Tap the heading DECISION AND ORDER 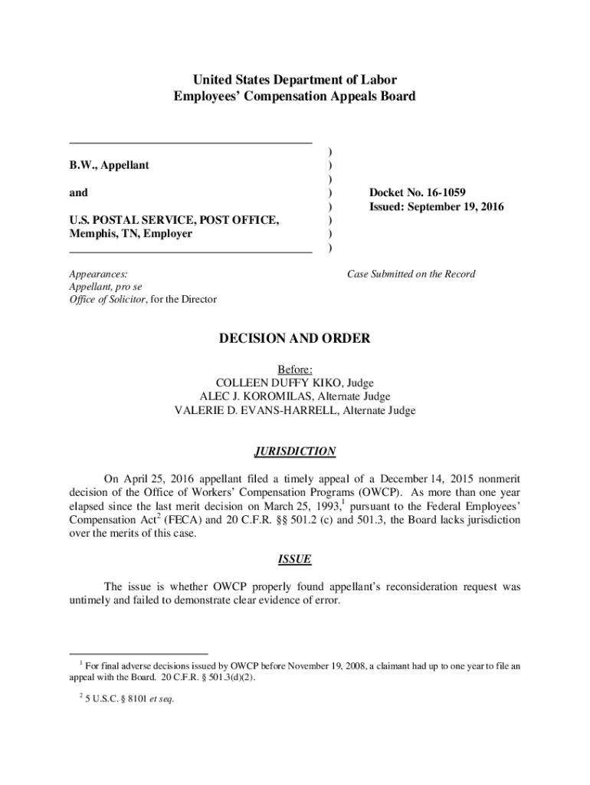pos(295,338)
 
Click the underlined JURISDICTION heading pos(295,452)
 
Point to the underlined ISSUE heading pos(295,560)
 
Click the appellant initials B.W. pos(82,165)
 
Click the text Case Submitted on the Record pos(411,274)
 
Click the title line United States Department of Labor pos(295,80)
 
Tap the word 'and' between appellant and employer pos(78,192)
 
